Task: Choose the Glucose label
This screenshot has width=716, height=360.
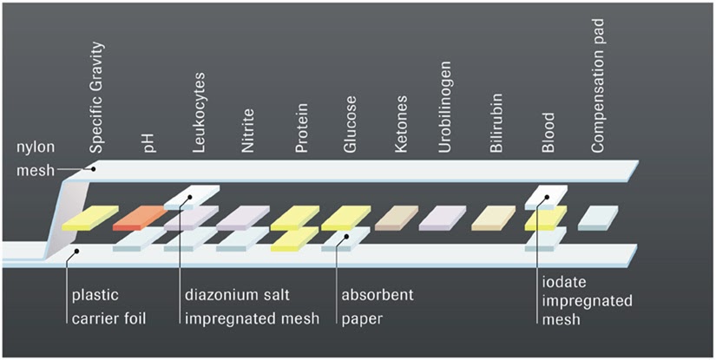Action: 350,128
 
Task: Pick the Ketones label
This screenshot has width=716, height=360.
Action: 401,128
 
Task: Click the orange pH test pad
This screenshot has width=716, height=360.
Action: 140,216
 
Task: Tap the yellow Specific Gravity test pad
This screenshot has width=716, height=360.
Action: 89,217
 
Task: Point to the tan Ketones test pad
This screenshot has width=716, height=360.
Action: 396,217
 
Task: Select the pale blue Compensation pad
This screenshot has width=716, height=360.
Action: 597,217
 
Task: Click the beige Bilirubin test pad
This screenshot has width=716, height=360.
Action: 494,217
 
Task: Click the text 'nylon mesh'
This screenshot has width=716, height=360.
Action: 36,159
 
